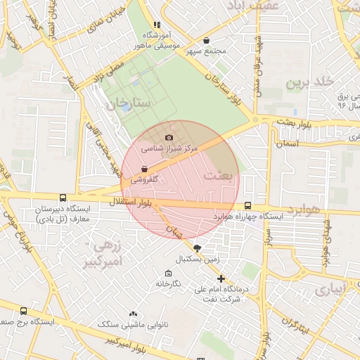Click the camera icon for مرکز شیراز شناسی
pos(168,137)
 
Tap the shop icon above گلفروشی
pos(144,169)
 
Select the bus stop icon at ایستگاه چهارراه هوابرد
pos(247,205)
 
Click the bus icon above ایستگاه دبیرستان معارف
pos(63,198)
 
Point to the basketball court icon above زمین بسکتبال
pos(197,247)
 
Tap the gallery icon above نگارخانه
pos(167,273)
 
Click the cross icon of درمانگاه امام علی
pos(221,278)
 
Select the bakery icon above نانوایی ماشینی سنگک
pos(133,314)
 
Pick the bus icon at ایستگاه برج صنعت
pos(24,311)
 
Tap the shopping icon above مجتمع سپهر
pos(206,41)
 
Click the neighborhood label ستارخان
pos(129,103)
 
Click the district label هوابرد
pos(303,210)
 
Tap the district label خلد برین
pos(307,82)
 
